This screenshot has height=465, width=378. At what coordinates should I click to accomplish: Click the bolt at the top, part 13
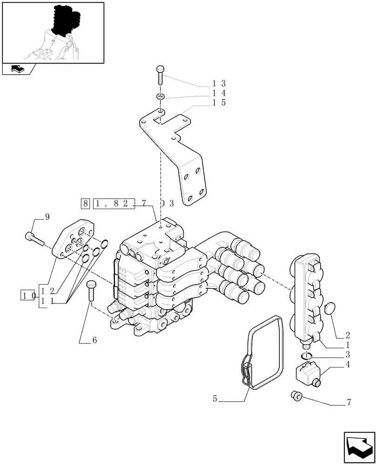(160, 74)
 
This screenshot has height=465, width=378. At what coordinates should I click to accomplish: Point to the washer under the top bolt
(160, 97)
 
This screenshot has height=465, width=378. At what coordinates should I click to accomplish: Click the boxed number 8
(85, 204)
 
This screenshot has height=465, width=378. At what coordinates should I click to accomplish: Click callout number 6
(94, 340)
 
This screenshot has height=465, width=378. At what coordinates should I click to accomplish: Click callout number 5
(215, 399)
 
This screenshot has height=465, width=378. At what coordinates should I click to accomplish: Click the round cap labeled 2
(329, 309)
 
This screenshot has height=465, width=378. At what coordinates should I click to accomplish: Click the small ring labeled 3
(306, 356)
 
